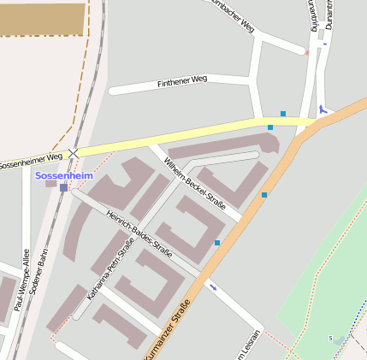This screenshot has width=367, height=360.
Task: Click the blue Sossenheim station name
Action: point(63,175)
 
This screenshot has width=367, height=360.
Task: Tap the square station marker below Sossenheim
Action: point(63,187)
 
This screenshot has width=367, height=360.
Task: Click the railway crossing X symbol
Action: point(74,152)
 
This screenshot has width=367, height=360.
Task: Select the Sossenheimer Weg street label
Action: point(32,160)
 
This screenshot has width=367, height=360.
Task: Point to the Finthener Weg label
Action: point(182,81)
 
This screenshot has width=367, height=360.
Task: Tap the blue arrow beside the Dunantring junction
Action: point(323,109)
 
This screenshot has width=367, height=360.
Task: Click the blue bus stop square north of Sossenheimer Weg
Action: point(283,114)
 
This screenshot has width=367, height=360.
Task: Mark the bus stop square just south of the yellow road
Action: point(270,127)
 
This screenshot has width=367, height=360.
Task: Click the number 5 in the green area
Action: point(330,339)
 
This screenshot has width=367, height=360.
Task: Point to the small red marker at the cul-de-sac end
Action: point(306,52)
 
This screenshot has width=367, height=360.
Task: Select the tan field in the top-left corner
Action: point(43,19)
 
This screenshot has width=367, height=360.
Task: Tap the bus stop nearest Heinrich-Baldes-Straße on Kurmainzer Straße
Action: point(217,243)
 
